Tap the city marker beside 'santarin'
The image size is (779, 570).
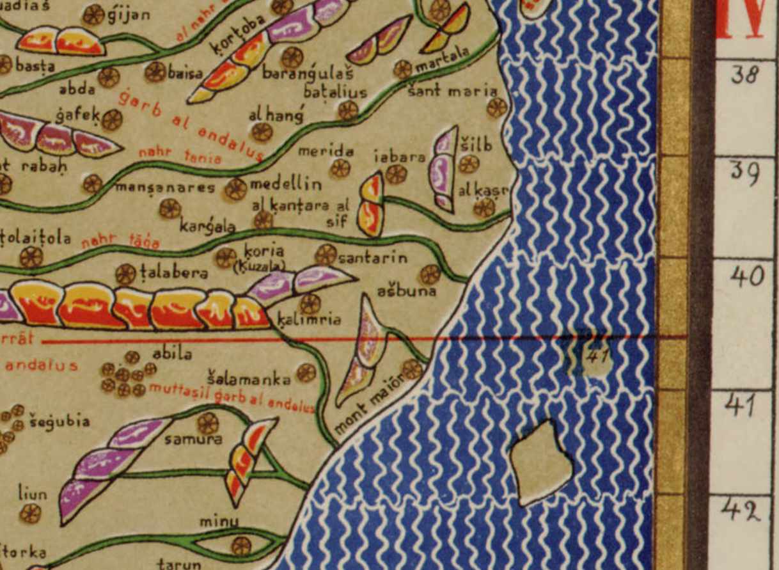[326, 255]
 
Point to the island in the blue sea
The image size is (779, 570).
[540, 462]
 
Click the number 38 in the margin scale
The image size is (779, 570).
[746, 75]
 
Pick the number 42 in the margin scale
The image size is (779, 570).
[742, 511]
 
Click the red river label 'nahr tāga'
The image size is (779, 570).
[120, 241]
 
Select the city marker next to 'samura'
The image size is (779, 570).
[207, 423]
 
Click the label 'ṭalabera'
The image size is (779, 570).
[174, 273]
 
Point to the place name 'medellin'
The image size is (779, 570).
[285, 184]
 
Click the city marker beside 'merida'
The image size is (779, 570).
[340, 168]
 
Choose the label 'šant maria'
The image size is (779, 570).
[452, 91]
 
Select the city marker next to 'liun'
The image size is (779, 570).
[30, 513]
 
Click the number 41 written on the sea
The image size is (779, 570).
[596, 356]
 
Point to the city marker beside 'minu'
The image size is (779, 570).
[240, 546]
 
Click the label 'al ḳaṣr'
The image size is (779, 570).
[483, 191]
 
